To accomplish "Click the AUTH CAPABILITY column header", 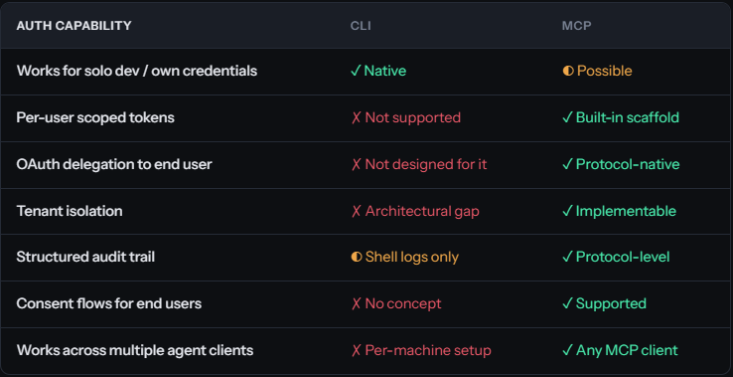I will click(x=73, y=25).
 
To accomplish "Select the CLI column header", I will click(x=361, y=25).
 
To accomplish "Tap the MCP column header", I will click(x=577, y=25).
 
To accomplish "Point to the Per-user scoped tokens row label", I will click(x=95, y=117).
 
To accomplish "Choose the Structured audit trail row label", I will click(x=85, y=257).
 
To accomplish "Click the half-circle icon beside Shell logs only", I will click(x=357, y=257).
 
